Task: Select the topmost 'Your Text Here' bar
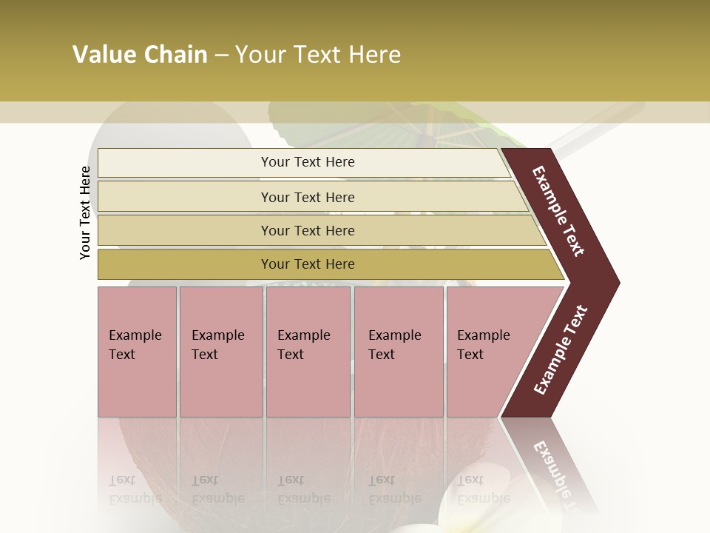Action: (x=307, y=162)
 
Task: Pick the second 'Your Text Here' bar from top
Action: (x=307, y=197)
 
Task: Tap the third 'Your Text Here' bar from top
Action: (x=307, y=230)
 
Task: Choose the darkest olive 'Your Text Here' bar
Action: (x=307, y=264)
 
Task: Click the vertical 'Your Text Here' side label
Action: (x=85, y=212)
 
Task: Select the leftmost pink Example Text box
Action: (x=137, y=352)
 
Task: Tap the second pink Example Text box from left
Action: (x=220, y=352)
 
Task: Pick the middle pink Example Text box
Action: (x=308, y=352)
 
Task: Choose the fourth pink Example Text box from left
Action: (x=398, y=352)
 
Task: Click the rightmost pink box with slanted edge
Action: (x=488, y=352)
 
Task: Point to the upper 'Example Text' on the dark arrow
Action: (x=559, y=211)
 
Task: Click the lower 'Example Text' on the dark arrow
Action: (x=561, y=349)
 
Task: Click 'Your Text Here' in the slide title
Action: (x=318, y=55)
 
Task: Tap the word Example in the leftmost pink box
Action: (x=135, y=335)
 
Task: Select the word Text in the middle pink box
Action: (x=291, y=355)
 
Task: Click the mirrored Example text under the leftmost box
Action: (x=135, y=498)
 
